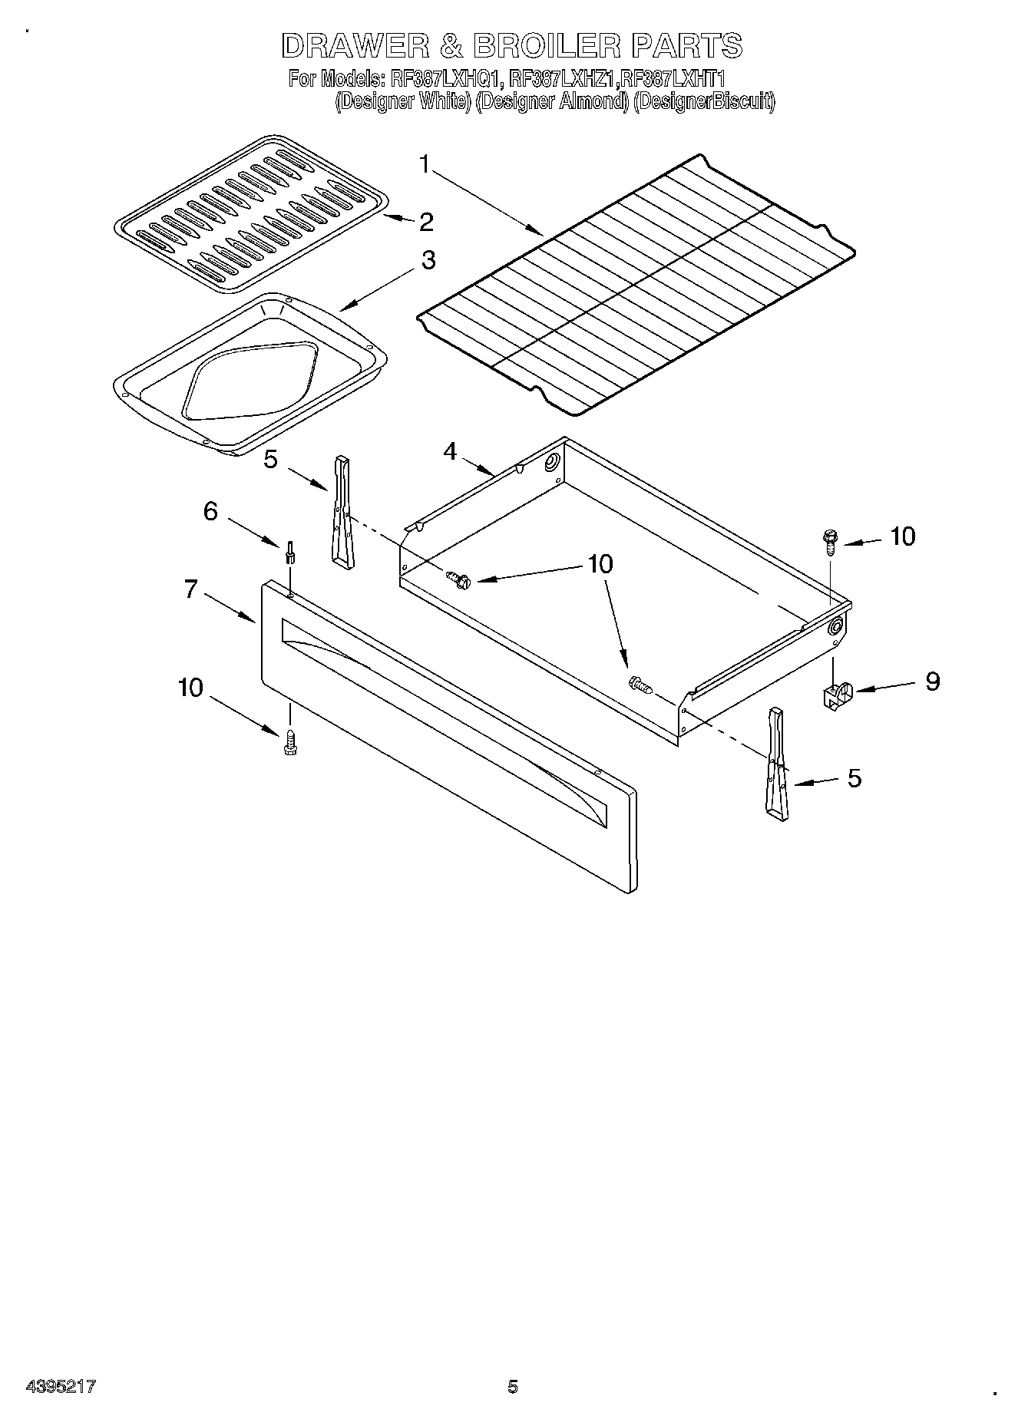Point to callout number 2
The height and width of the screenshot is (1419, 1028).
(426, 223)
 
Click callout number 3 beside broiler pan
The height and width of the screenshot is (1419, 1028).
(428, 259)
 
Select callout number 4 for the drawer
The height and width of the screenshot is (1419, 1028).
(450, 451)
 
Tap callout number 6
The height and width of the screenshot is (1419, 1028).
(211, 511)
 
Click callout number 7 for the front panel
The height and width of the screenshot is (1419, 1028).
(190, 589)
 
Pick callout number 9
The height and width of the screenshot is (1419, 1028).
(932, 681)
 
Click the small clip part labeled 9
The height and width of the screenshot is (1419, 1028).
(836, 695)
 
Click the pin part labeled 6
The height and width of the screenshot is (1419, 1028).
(289, 551)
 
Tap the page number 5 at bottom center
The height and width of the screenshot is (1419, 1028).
(513, 1386)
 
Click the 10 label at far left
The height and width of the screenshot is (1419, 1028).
(190, 688)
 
